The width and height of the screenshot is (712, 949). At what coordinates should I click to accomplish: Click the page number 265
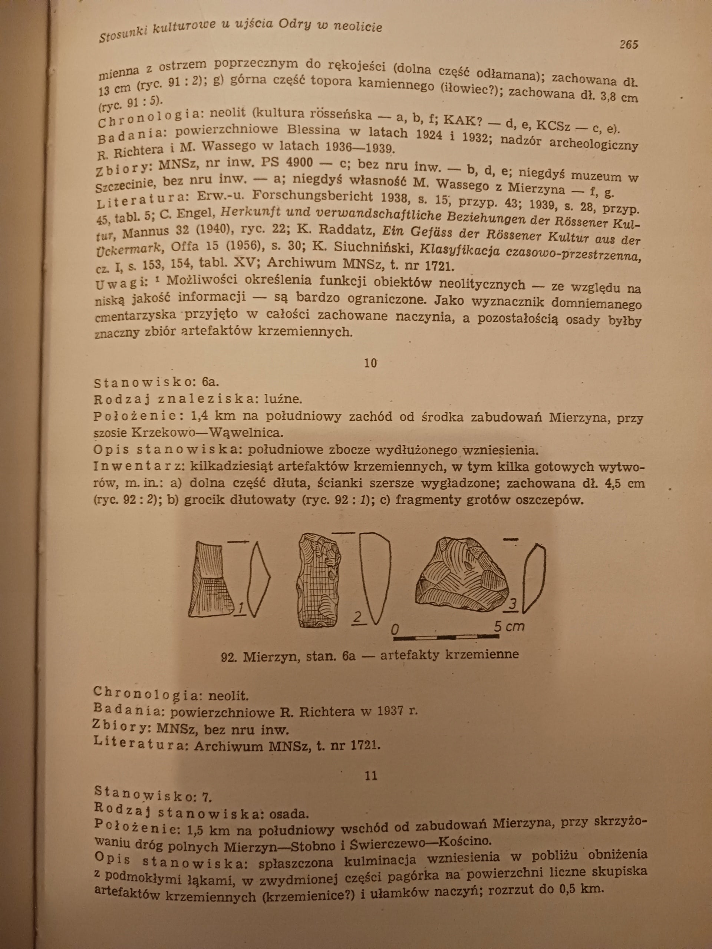[629, 44]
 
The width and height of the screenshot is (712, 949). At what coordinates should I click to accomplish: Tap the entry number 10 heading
[370, 363]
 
